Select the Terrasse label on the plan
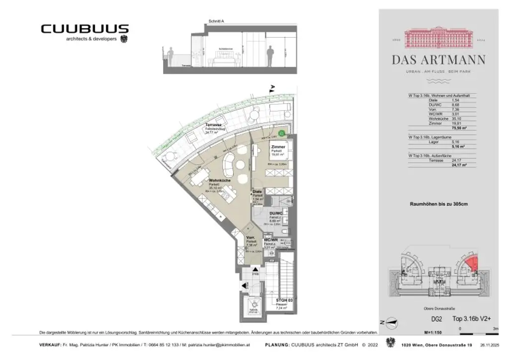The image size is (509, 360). [x=213, y=125]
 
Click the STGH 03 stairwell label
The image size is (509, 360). [x=283, y=301]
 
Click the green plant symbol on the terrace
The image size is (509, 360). [x=281, y=133]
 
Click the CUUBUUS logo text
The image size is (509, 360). [x=85, y=29]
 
